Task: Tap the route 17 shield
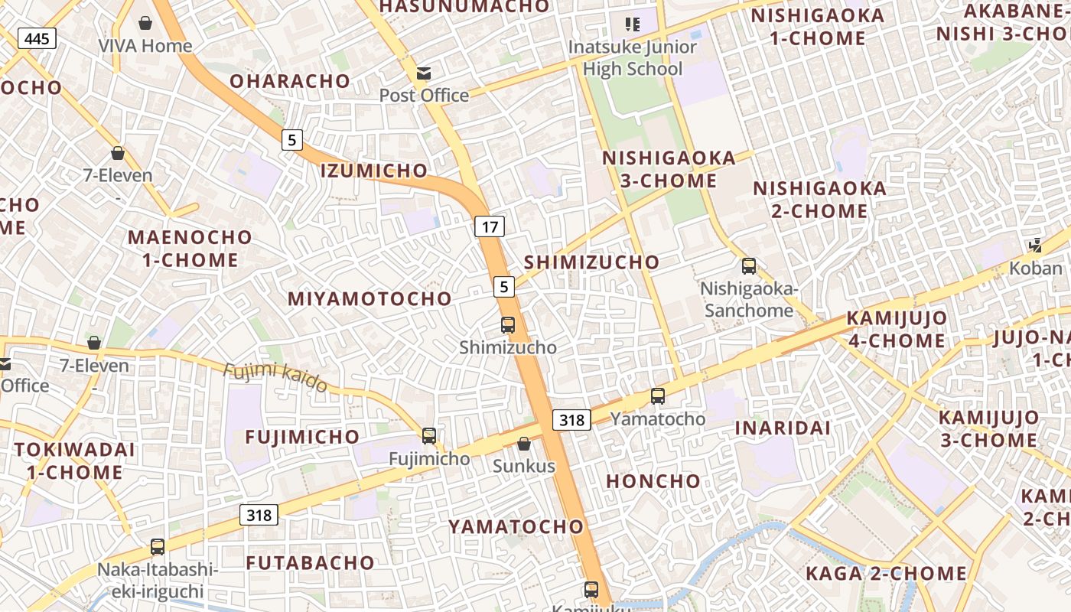click(490, 226)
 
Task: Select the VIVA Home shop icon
click(145, 24)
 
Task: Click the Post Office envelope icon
click(423, 73)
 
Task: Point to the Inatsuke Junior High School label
click(632, 57)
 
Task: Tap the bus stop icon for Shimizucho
click(508, 325)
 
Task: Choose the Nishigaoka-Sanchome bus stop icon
click(749, 266)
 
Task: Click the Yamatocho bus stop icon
click(658, 396)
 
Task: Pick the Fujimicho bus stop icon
click(429, 436)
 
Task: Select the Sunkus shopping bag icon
click(524, 444)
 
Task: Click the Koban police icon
click(1036, 246)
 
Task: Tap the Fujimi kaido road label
click(275, 377)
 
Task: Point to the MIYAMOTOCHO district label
click(369, 299)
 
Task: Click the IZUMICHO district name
click(374, 171)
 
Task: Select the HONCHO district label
click(653, 481)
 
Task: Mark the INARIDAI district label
click(783, 428)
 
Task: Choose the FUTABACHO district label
click(311, 563)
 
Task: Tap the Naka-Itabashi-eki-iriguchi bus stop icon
click(158, 547)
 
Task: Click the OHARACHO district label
click(290, 81)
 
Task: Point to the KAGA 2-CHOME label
click(886, 573)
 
